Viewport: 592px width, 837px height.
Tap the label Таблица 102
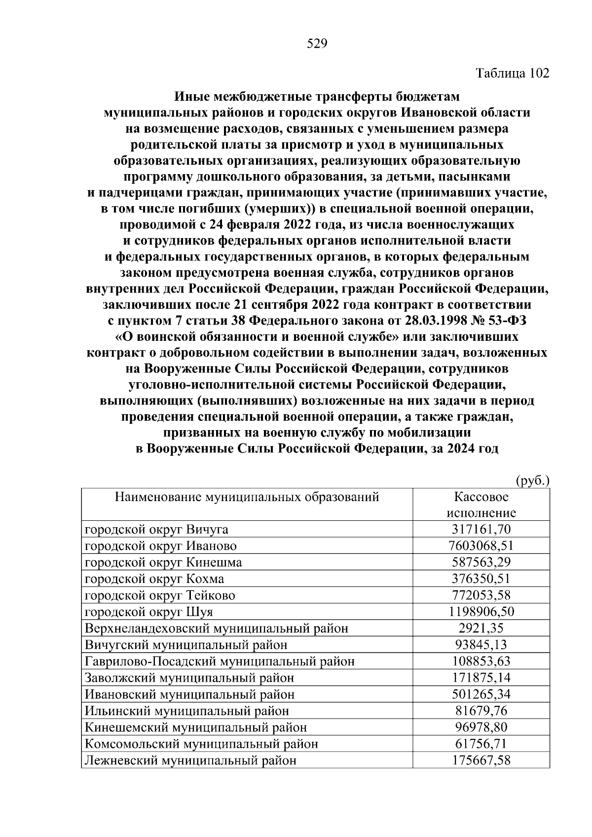tap(512, 73)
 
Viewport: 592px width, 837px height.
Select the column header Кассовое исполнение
tap(481, 504)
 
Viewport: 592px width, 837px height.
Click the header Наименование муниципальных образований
tap(247, 497)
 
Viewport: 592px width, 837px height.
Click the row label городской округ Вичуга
tap(157, 530)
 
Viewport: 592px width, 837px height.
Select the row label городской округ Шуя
tap(149, 612)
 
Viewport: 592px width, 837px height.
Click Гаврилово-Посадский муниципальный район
tap(220, 661)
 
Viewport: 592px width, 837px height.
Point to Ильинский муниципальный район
tap(187, 711)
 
